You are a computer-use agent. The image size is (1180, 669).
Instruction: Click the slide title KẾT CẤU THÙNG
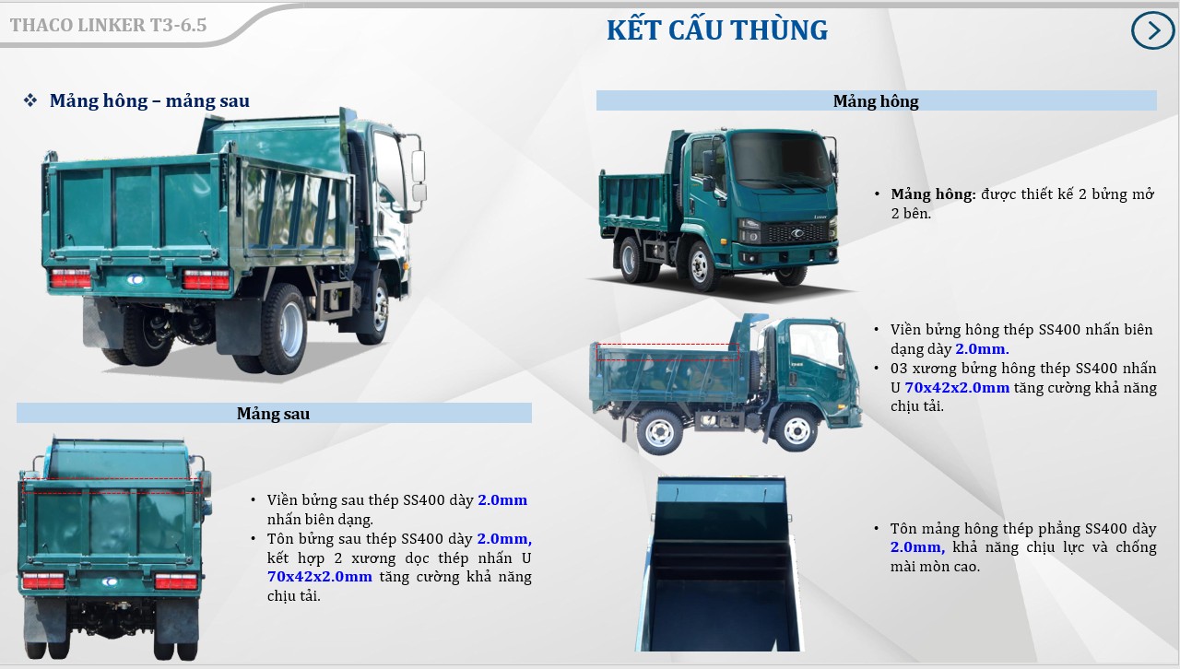[716, 30]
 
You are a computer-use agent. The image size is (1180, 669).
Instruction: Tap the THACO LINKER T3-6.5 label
[108, 25]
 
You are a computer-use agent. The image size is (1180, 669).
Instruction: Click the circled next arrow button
[1152, 30]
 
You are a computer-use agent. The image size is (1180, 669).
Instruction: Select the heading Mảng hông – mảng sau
[149, 100]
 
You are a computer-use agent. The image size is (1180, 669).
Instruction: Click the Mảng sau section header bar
[274, 414]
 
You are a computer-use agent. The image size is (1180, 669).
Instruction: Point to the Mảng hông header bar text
[876, 100]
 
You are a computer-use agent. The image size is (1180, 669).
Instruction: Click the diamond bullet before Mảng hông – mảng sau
[30, 100]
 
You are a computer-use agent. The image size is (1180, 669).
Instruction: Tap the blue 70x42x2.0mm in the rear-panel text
[320, 577]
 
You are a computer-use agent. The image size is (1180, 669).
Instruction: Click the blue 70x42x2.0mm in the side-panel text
[957, 388]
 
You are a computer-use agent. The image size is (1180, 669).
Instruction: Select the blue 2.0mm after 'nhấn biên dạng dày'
[982, 349]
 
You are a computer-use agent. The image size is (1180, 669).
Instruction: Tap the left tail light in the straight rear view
[43, 581]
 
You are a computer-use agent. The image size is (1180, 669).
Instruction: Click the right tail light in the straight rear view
[175, 581]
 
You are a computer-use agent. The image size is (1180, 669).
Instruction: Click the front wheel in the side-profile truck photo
[793, 428]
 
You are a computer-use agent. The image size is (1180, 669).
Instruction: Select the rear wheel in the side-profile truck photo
[660, 431]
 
